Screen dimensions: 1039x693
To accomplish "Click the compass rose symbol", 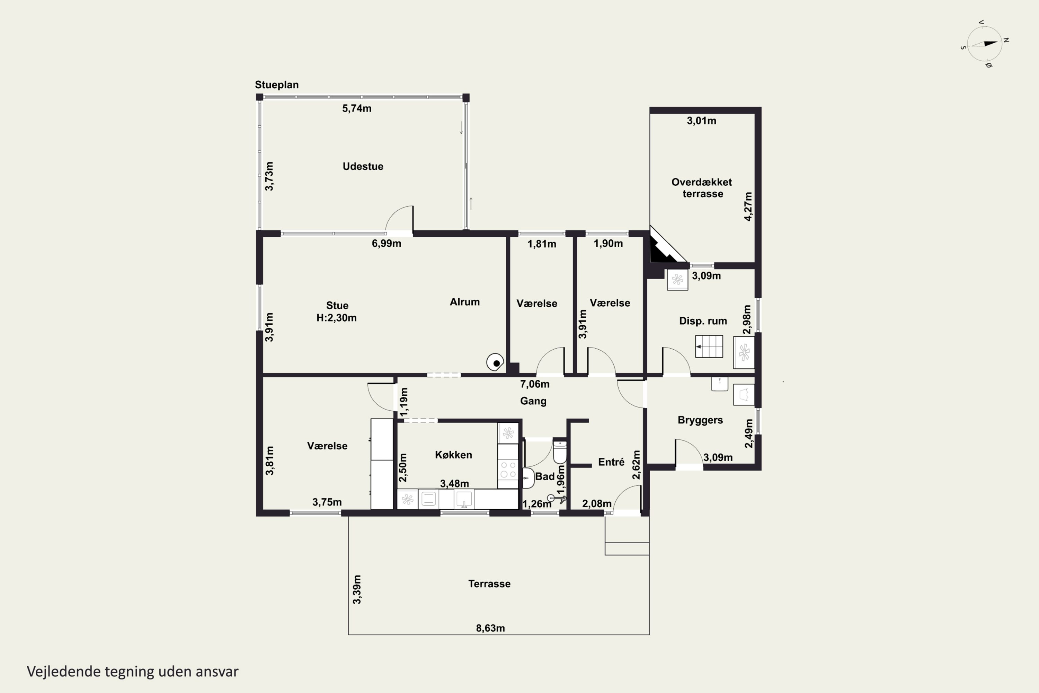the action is (984, 44).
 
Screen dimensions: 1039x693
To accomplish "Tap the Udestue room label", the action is (363, 167).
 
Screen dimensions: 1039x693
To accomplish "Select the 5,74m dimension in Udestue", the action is (356, 108).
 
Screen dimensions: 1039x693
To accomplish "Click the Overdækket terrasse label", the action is (702, 188).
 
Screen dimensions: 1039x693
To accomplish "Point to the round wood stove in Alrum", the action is (495, 362).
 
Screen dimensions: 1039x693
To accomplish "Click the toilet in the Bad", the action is (560, 452).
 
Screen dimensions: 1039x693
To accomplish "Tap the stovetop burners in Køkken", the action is (508, 470).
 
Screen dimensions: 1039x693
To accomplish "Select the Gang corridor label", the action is (533, 401).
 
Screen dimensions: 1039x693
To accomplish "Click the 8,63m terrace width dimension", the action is (490, 628).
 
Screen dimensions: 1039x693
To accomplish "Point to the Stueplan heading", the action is (276, 85).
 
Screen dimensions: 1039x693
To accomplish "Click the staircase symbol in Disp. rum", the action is (709, 346).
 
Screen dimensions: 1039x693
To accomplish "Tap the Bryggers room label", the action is (700, 420).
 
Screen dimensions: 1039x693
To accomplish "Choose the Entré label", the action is (611, 462).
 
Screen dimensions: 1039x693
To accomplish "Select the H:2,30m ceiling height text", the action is (336, 318).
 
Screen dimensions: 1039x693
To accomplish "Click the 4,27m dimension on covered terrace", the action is (748, 207).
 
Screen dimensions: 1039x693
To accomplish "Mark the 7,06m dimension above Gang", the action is (534, 384).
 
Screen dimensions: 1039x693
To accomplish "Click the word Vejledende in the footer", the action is (64, 672).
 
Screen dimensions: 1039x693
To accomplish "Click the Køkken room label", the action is (453, 455).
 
